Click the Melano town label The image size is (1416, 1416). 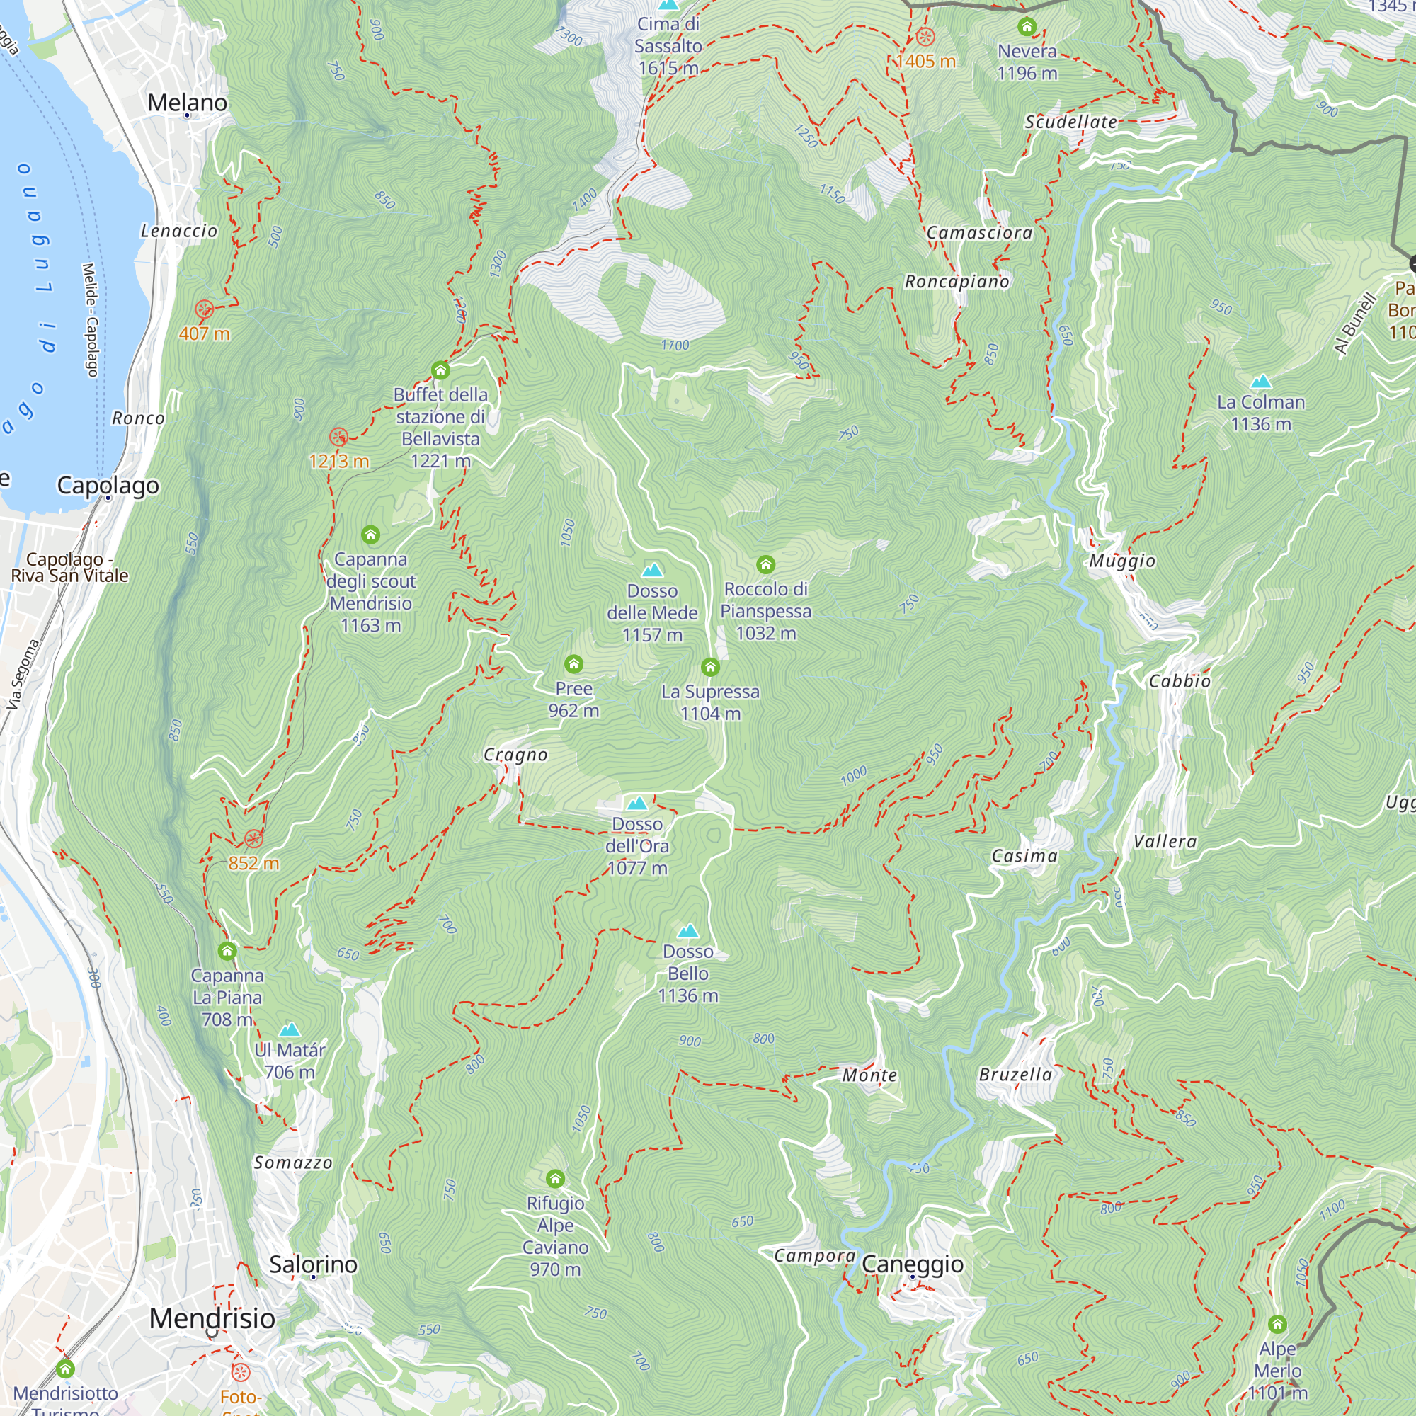187,102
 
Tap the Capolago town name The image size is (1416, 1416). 108,485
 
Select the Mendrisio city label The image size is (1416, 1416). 212,1318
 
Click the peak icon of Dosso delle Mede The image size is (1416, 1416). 652,569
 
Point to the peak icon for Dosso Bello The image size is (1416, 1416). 687,931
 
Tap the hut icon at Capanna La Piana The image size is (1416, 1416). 227,952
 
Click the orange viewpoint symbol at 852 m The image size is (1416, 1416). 253,838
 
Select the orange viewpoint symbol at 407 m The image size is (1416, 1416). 205,309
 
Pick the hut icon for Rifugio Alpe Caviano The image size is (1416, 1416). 555,1179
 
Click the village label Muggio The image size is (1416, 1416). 1121,561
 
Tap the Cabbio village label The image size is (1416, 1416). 1180,681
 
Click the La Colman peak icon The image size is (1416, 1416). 1261,381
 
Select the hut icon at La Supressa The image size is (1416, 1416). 709,667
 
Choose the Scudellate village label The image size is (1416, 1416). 1070,122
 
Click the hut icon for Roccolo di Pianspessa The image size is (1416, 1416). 765,564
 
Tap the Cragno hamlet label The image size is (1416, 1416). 515,755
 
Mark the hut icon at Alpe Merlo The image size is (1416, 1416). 1277,1324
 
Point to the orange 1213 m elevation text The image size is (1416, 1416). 338,461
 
